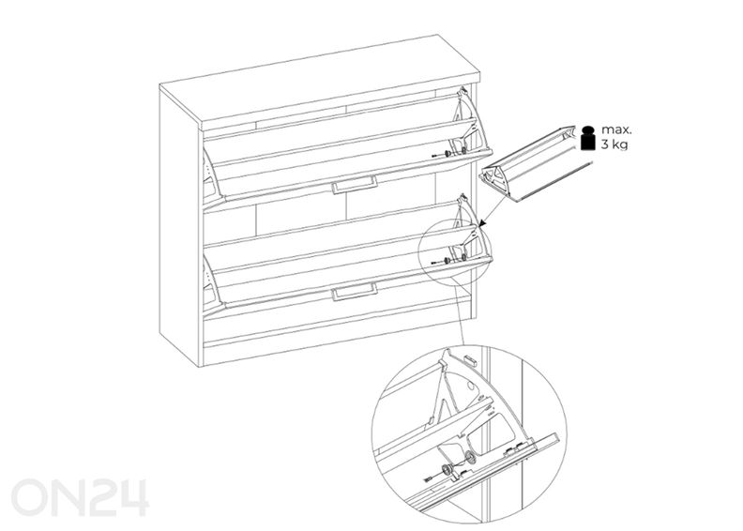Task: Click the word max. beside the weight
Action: pyautogui.click(x=616, y=129)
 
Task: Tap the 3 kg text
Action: pyautogui.click(x=614, y=144)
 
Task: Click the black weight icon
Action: pyautogui.click(x=588, y=138)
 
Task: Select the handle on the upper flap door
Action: pyautogui.click(x=355, y=185)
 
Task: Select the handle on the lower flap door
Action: pyautogui.click(x=355, y=292)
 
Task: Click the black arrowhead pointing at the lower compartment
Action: pyautogui.click(x=483, y=222)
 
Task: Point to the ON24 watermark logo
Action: pyautogui.click(x=80, y=497)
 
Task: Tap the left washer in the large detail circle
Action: pyautogui.click(x=446, y=470)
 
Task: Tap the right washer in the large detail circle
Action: pyautogui.click(x=470, y=458)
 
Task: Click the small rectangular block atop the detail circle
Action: pyautogui.click(x=470, y=359)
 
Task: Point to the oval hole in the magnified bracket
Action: pyautogui.click(x=471, y=387)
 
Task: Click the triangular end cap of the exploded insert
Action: pyautogui.click(x=493, y=180)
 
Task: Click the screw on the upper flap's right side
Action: pyautogui.click(x=435, y=156)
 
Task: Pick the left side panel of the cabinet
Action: pyautogui.click(x=181, y=227)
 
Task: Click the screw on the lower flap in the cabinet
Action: pyautogui.click(x=434, y=263)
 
